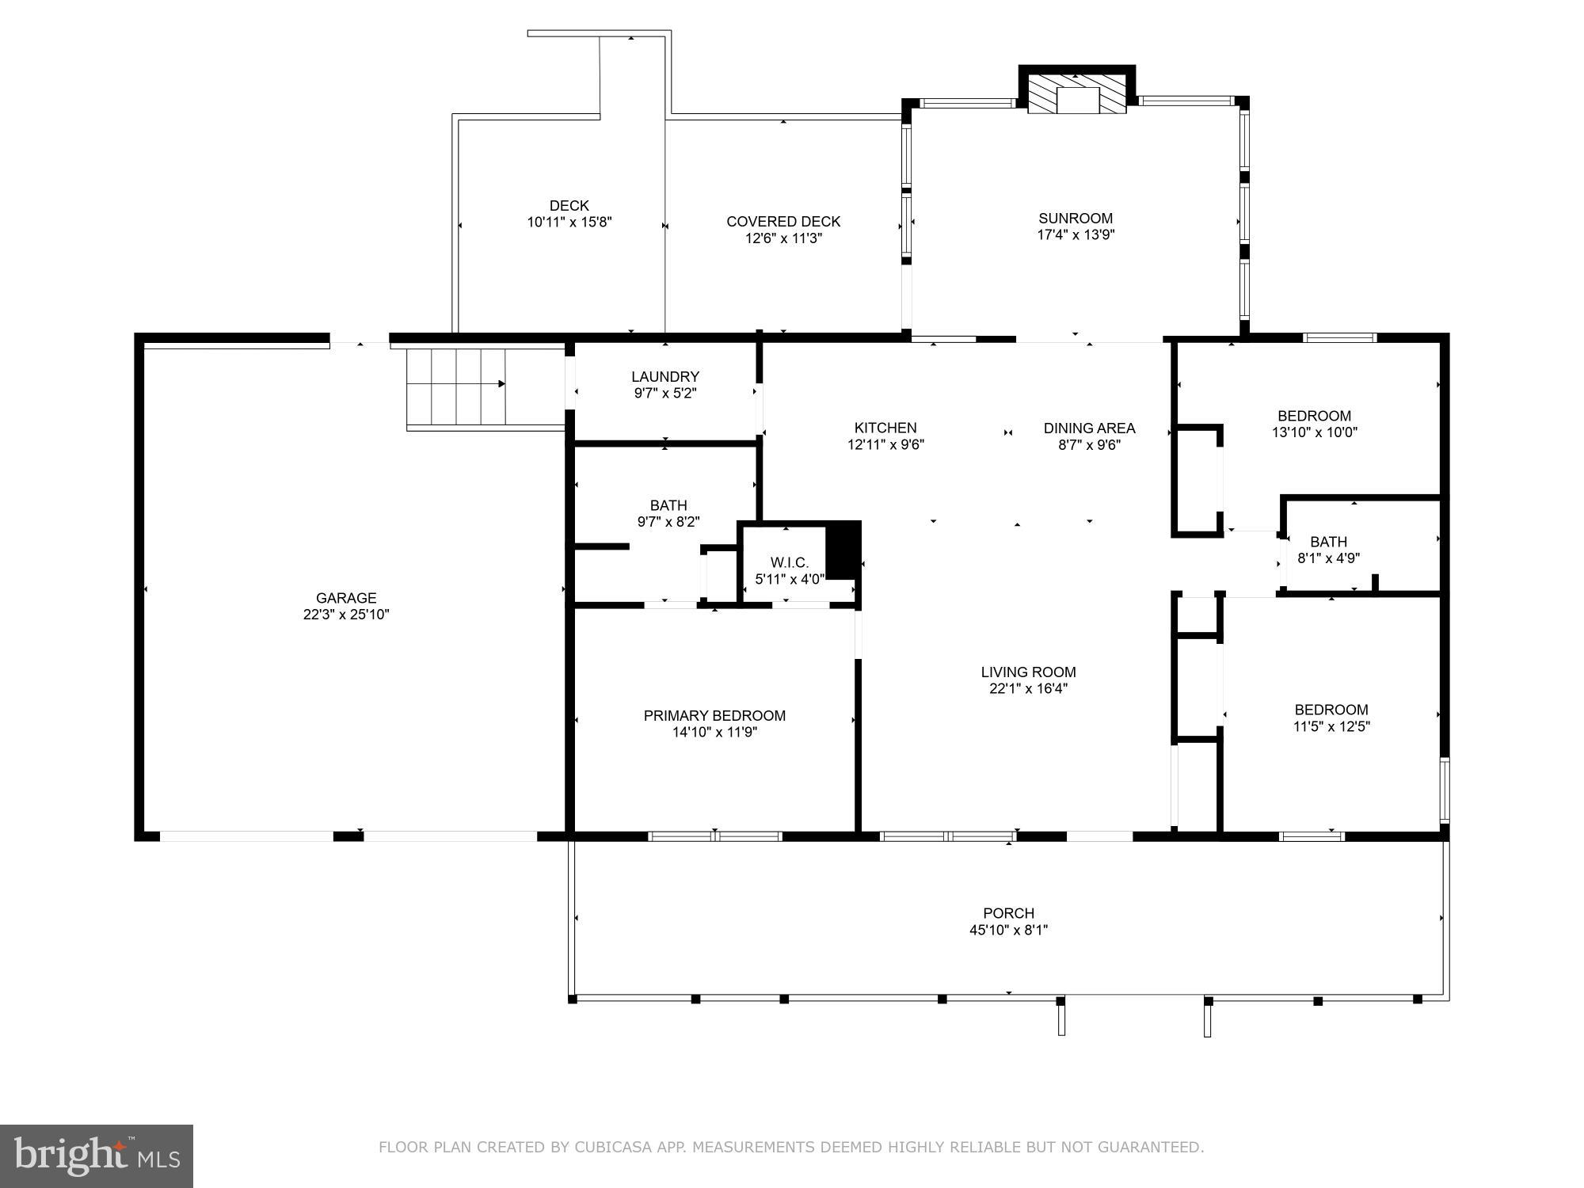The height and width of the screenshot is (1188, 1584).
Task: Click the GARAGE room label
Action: pos(346,598)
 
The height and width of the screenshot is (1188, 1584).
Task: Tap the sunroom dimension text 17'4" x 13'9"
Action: pos(1076,234)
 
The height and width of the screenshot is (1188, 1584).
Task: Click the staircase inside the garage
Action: pos(456,387)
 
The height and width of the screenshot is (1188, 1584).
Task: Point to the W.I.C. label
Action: pos(789,562)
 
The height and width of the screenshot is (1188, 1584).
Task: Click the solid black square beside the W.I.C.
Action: pos(843,550)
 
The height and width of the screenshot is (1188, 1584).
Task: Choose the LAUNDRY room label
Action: pos(665,377)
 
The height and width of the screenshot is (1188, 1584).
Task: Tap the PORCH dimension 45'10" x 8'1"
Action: pos(1008,930)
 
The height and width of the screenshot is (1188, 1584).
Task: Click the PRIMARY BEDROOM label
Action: pos(714,716)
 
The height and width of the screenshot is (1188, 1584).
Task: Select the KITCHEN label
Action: pos(885,428)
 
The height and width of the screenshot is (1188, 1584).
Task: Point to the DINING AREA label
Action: pos(1089,428)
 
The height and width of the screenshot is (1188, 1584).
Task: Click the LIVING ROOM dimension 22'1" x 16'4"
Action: pos(1028,689)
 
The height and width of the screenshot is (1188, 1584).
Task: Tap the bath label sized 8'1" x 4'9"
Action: pos(1328,543)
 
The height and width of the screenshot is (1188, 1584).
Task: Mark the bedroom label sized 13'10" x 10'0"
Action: pos(1314,417)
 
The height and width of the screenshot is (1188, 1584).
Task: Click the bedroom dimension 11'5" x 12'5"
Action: pos(1331,726)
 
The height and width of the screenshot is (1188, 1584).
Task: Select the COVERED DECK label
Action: pos(783,222)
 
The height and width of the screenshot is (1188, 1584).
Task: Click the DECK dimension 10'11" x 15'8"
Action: pos(569,223)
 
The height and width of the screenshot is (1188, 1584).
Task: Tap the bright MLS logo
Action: pos(97,1156)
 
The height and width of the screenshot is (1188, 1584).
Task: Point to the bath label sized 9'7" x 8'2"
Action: pos(668,505)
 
